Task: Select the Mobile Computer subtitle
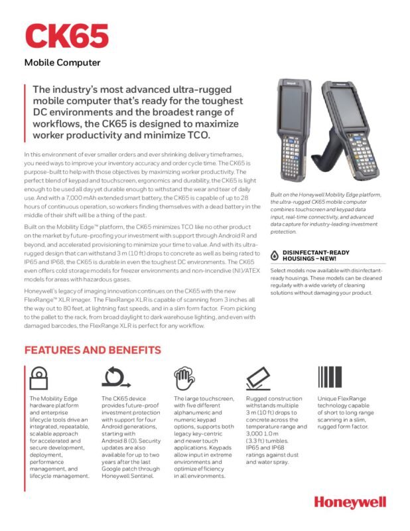[x=62, y=63]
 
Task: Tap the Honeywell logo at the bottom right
[x=350, y=502]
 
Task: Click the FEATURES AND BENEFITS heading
[x=92, y=350]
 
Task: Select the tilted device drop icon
[x=259, y=378]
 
